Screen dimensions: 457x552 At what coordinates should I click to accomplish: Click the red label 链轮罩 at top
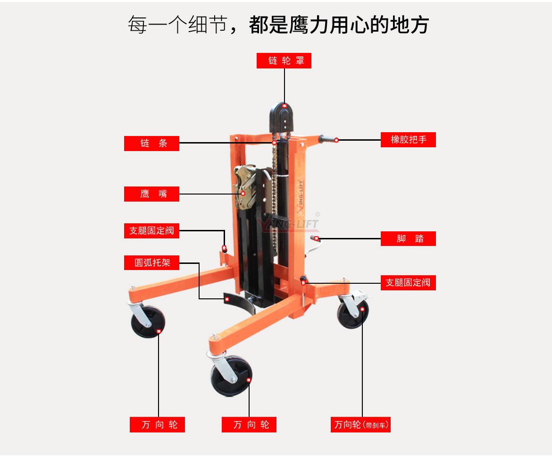pos(284,61)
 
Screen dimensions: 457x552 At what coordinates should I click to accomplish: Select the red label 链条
pos(151,144)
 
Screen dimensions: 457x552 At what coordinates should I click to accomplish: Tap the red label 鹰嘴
pos(151,194)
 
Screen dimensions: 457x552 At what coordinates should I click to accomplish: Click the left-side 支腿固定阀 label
pos(151,231)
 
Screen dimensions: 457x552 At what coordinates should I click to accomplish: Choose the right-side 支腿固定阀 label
pos(408,283)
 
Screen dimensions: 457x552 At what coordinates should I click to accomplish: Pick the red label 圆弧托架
pos(151,263)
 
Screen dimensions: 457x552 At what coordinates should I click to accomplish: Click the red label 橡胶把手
pos(408,140)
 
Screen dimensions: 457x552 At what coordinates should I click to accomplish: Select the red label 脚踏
pos(408,239)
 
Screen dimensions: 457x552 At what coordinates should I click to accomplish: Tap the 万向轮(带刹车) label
pos(361,425)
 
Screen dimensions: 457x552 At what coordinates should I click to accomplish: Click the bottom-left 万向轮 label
pos(157,425)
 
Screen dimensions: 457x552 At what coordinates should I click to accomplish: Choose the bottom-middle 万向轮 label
pos(249,425)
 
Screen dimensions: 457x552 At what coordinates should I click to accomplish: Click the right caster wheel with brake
pos(353,311)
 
